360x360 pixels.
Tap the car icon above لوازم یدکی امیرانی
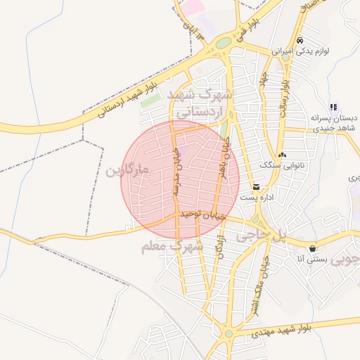coord(300,40)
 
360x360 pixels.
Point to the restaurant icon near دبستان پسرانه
coord(333,107)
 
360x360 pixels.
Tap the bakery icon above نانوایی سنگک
coord(282,154)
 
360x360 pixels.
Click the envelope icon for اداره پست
coord(255,188)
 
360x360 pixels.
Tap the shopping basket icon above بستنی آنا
coord(312,248)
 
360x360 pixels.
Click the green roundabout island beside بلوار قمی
coord(223,43)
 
